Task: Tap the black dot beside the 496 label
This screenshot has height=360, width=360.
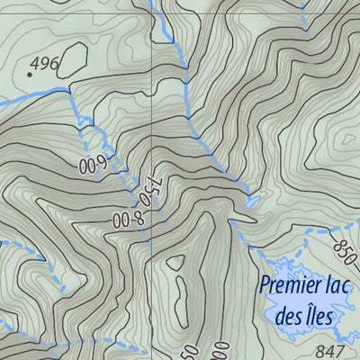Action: (x=29, y=75)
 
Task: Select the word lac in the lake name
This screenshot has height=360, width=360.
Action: (x=338, y=286)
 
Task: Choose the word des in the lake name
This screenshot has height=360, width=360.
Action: (x=289, y=316)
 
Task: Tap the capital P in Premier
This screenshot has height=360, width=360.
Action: (x=264, y=286)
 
